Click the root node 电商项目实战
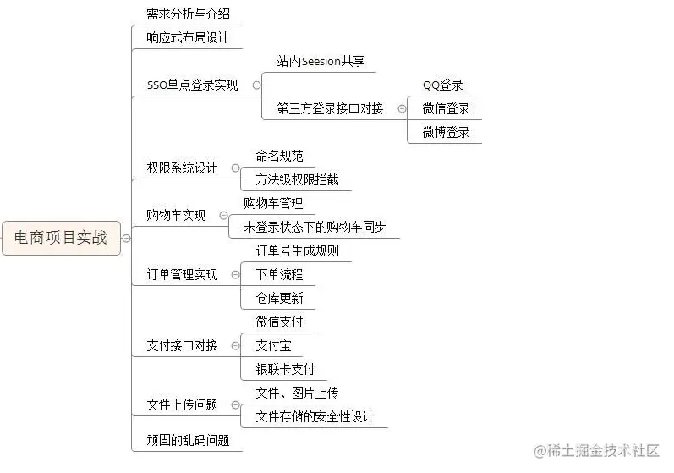point(61,238)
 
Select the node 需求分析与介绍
point(188,14)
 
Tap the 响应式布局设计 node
point(188,38)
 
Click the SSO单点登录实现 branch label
point(192,85)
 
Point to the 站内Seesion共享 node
point(321,62)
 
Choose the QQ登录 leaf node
point(443,85)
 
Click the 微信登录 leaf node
point(446,109)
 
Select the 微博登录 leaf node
point(446,133)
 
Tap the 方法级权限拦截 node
point(297,180)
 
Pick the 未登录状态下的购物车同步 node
point(315,228)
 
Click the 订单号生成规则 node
point(297,251)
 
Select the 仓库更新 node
point(279,299)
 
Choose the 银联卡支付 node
point(285,369)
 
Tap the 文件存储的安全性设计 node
point(315,416)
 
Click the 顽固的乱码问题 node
point(188,440)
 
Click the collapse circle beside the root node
point(127,239)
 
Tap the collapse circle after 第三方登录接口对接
point(401,109)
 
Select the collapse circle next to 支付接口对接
point(234,346)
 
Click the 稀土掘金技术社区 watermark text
point(602,450)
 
